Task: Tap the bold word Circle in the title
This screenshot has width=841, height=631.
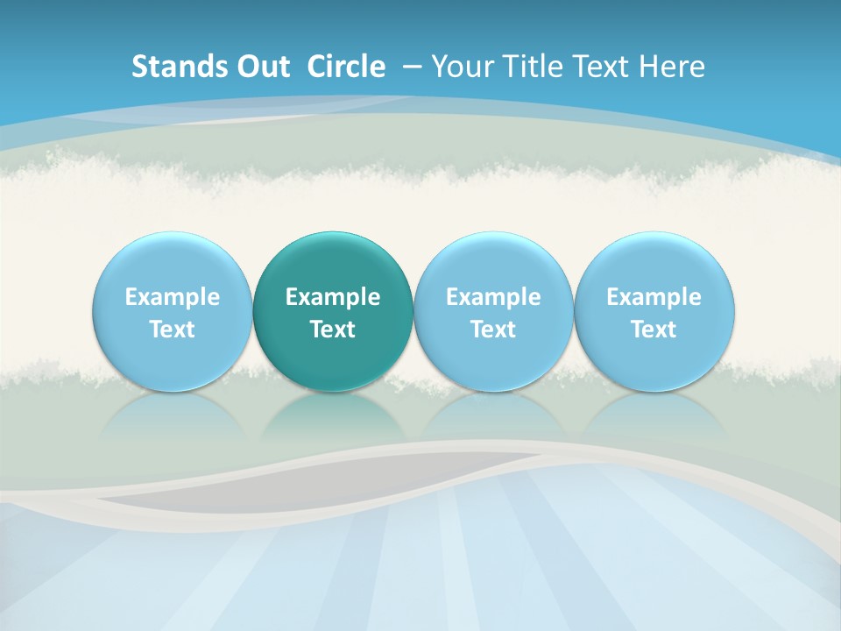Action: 346,67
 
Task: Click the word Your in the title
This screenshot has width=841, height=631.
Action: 461,67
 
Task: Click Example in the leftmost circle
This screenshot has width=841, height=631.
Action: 173,297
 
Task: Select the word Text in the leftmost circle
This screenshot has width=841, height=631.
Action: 173,330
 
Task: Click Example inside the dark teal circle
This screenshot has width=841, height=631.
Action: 333,297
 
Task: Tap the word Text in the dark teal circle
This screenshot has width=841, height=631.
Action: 333,330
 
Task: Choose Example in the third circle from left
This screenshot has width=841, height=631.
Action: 493,297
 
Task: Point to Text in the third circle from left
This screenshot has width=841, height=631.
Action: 493,330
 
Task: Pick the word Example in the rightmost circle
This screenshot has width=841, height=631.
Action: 654,297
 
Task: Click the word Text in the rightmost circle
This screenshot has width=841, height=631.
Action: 654,330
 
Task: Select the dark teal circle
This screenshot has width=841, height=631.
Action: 333,263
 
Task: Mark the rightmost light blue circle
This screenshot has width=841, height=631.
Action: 654,263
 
